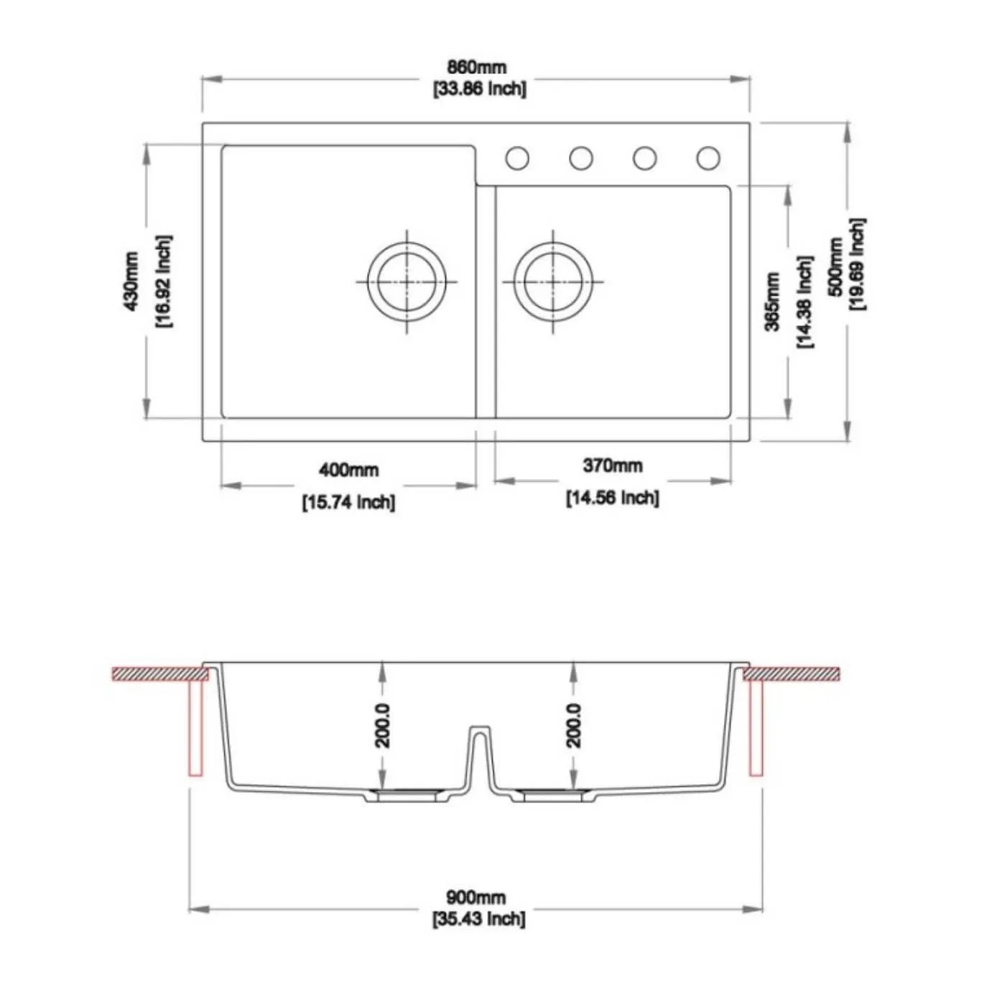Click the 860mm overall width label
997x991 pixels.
click(476, 68)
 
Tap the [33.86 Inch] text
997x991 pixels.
click(479, 89)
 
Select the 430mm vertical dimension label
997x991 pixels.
click(131, 282)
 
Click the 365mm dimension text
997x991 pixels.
click(772, 302)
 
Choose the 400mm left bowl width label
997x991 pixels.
click(348, 470)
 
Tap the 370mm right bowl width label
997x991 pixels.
click(613, 466)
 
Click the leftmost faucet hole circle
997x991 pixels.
click(517, 158)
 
